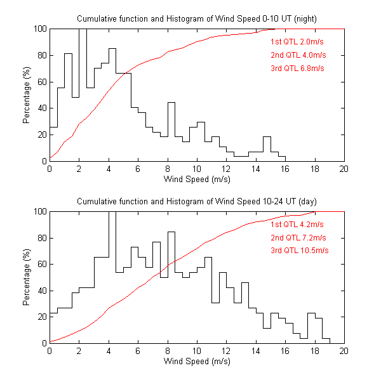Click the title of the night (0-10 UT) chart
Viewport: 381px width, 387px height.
pos(197,19)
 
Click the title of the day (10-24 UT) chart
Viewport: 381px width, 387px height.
pos(197,201)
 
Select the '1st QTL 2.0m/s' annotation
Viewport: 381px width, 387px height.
pos(297,41)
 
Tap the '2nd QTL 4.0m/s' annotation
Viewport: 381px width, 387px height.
pos(297,55)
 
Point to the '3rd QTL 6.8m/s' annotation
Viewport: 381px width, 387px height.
pos(297,68)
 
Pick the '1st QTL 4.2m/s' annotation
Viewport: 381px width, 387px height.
pos(297,224)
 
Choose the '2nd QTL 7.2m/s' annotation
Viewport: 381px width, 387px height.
pos(297,237)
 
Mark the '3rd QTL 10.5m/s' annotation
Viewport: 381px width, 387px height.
pos(299,251)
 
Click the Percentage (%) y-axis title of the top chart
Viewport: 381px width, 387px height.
pos(27,95)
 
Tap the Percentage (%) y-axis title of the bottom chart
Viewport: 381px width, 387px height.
pos(27,277)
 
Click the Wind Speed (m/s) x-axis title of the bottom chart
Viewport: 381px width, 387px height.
pos(197,362)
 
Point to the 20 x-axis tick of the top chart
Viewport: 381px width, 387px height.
pos(344,169)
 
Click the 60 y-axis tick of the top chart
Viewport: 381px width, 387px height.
pos(41,82)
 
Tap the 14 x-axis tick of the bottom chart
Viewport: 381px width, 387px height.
pos(256,351)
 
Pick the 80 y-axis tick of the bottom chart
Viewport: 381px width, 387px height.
pos(41,238)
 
